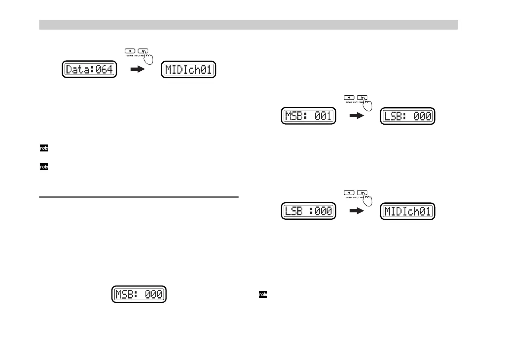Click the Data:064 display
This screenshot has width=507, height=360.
click(89, 70)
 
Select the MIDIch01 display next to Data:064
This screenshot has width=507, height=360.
click(188, 70)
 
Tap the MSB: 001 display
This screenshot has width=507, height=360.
click(308, 116)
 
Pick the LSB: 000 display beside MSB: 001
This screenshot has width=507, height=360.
click(407, 116)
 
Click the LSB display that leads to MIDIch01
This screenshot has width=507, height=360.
click(308, 211)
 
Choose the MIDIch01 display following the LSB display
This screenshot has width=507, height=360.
click(407, 211)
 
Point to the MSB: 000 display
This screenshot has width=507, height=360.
click(139, 294)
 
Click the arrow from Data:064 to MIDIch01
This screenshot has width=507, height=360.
click(137, 70)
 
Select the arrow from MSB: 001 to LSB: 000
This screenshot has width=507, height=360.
click(356, 116)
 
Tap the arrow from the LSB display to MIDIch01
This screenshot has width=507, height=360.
click(356, 211)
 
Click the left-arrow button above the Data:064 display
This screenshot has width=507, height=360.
click(130, 51)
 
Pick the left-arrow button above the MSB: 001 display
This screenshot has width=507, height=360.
click(349, 97)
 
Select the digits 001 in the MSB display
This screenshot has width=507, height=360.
click(323, 116)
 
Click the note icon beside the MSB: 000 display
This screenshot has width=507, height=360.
click(263, 295)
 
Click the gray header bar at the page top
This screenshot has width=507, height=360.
click(248, 25)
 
